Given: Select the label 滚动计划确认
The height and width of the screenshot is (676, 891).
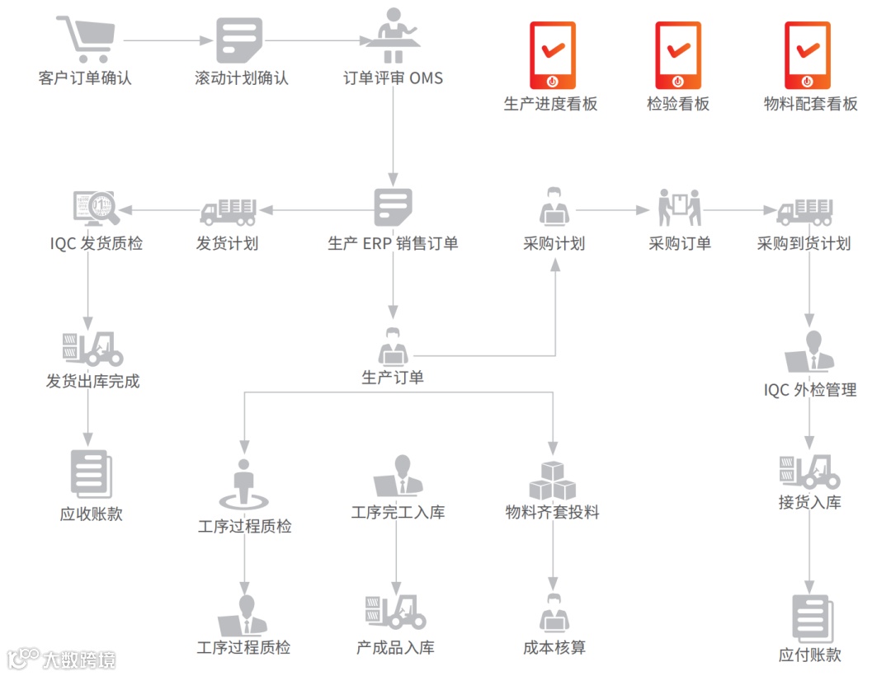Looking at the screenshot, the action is [242, 79].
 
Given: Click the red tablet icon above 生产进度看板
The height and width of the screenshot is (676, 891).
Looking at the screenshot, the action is [551, 55].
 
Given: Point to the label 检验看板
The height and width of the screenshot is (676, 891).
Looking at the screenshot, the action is [678, 104].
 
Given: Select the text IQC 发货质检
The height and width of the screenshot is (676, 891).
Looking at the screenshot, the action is [96, 244].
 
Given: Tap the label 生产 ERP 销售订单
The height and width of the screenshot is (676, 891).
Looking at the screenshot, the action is [393, 244].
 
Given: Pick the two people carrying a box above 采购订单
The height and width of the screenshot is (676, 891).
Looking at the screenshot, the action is [680, 207].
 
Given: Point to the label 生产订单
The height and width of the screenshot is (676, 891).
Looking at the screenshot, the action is [393, 378].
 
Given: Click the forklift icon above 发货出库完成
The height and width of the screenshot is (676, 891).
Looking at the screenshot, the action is [92, 350].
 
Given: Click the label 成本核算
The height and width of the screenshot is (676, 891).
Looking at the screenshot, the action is [554, 648].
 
